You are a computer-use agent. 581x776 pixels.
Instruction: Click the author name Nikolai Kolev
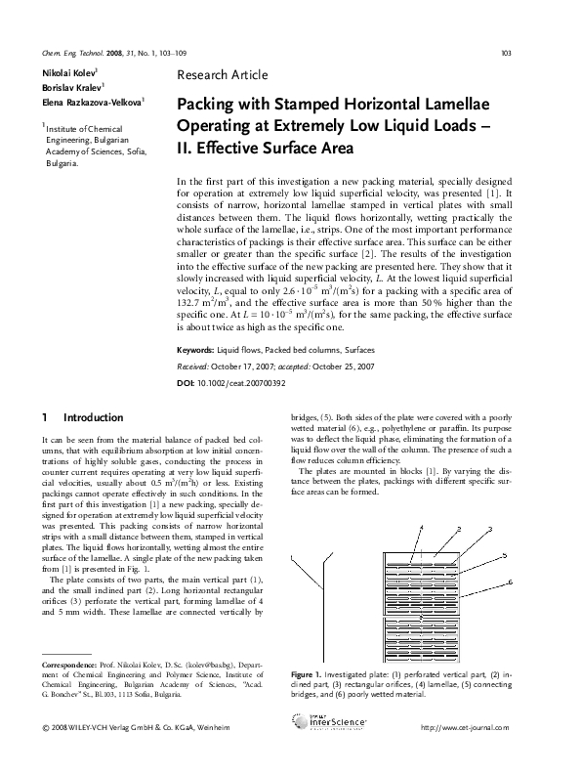[x=68, y=74]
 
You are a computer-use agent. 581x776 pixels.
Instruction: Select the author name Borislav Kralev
[x=68, y=87]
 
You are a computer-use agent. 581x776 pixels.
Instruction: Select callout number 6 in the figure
[x=510, y=583]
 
